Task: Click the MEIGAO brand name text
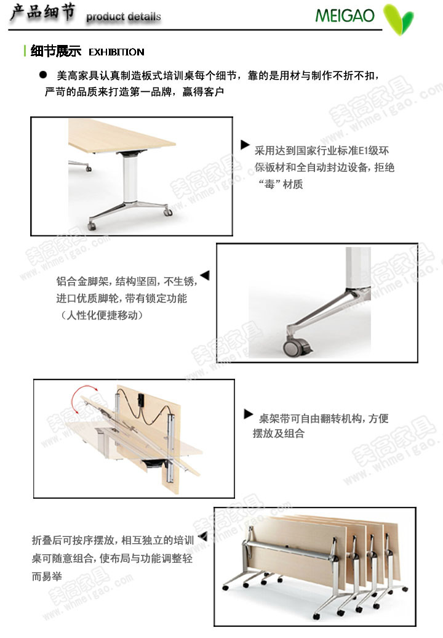point(345,16)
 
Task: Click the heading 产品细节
point(42,12)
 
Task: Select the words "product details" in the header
point(124,17)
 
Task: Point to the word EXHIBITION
point(116,52)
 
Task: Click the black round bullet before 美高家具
point(42,75)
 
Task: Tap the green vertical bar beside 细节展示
point(25,51)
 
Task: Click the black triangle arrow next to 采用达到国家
point(245,145)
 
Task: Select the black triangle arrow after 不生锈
point(206,275)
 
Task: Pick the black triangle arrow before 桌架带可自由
point(249,414)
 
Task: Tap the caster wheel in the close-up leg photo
point(296,347)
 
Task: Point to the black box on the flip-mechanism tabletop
point(142,399)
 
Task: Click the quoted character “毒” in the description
point(269,184)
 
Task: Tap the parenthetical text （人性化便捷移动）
point(102,315)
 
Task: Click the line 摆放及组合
point(278,434)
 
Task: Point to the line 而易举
point(47,576)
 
